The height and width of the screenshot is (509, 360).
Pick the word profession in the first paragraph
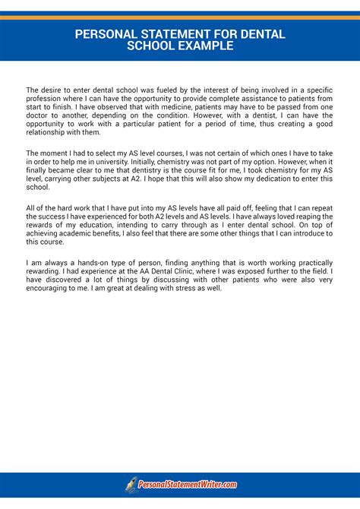tap(45, 99)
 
